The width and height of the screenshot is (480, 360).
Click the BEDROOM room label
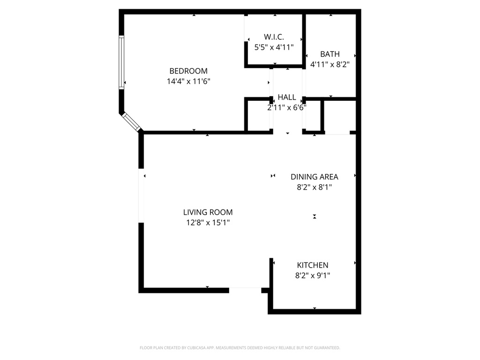coord(188,71)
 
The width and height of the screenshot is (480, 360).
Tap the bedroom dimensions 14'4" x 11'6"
coord(188,82)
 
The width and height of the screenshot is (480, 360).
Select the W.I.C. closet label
coord(274,37)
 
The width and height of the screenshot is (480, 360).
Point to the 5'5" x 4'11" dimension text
coord(274,47)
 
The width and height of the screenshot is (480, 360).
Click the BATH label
coord(330,54)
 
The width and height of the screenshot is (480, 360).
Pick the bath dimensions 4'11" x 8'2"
coord(330,65)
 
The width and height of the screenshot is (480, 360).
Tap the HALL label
coord(286,97)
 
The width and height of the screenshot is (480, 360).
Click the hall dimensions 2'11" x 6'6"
coord(286,108)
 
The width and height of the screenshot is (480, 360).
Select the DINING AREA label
coord(314,177)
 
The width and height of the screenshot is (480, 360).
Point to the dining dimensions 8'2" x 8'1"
coord(314,187)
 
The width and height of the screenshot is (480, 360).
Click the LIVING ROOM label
coord(208,212)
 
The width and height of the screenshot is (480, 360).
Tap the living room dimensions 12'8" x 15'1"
coord(208,223)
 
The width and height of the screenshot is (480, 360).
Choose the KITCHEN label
coord(313,265)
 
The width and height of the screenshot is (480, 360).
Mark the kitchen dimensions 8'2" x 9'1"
coord(313,276)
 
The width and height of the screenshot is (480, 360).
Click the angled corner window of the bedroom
coord(131,121)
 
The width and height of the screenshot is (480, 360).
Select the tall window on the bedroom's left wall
coord(121,62)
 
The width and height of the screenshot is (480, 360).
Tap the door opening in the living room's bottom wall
coord(245,290)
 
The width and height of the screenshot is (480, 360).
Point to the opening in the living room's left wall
coord(141,195)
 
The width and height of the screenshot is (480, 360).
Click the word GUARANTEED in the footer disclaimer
coord(329,348)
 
